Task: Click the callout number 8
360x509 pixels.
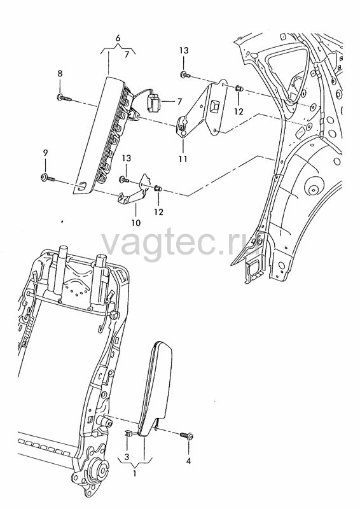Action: click(x=60, y=74)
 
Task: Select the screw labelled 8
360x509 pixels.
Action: click(x=64, y=97)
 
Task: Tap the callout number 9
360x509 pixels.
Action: click(x=45, y=153)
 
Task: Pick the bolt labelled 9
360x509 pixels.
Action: click(x=48, y=178)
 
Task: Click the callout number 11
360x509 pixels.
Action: click(x=183, y=159)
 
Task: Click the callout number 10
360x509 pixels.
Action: click(x=136, y=223)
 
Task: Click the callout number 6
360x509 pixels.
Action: click(x=118, y=38)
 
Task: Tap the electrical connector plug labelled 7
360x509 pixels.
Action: click(x=153, y=102)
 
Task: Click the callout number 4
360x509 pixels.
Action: click(x=189, y=461)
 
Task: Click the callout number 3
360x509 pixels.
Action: click(x=127, y=457)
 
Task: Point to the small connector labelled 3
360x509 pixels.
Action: click(x=128, y=433)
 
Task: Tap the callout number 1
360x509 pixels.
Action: click(x=135, y=473)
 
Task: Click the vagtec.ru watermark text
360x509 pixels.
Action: click(x=181, y=244)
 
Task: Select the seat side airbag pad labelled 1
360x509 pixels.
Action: click(x=155, y=389)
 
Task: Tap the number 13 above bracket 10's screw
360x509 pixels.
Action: click(x=127, y=158)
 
